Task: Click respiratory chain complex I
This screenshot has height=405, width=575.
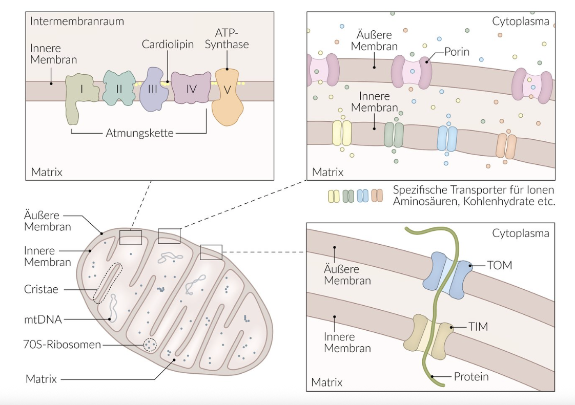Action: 81,92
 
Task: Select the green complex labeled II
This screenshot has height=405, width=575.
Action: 119,88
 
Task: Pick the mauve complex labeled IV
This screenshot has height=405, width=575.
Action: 191,88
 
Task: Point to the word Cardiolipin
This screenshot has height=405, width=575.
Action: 168,45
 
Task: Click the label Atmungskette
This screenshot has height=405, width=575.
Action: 139,134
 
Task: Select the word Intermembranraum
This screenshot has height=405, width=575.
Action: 77,22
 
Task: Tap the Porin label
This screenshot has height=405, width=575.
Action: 457,52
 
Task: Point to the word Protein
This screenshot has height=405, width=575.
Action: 471,377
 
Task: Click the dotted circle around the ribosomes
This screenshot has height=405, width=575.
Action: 150,346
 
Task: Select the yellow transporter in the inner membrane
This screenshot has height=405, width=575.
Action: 342,134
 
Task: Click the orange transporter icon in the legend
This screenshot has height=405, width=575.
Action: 377,196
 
